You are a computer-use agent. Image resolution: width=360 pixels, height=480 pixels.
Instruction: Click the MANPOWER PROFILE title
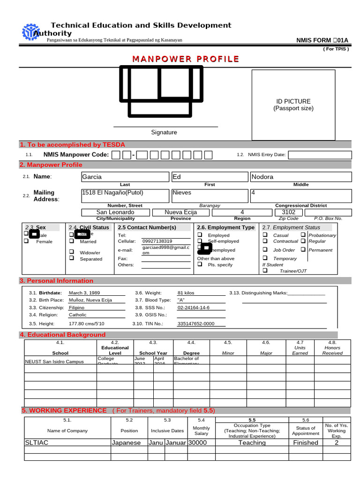coord(185,59)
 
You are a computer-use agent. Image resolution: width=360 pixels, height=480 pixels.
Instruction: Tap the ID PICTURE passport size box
coord(293,105)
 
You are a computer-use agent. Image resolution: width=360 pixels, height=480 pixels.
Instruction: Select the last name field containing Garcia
coord(124,177)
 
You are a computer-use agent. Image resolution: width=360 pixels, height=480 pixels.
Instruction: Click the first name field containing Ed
coord(209,177)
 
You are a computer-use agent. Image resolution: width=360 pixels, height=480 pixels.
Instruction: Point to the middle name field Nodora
coord(300,177)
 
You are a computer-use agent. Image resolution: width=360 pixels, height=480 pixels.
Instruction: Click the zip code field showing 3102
coord(288,212)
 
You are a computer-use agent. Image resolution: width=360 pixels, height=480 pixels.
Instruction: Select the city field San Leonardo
coord(115,212)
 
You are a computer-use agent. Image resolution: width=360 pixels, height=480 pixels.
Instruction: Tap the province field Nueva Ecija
coord(180,212)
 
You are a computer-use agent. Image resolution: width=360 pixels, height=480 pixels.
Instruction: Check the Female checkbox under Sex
coord(27,241)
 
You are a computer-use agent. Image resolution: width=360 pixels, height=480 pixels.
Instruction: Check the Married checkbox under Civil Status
coord(72,241)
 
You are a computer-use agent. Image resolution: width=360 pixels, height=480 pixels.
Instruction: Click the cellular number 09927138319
coord(157,241)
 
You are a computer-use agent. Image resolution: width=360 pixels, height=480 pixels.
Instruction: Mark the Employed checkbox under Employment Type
coord(200,235)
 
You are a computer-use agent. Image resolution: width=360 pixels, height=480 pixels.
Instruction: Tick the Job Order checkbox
coord(265,249)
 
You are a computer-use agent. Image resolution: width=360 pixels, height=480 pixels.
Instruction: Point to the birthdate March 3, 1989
coord(84,292)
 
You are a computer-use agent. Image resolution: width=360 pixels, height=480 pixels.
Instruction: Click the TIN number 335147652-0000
coord(195,323)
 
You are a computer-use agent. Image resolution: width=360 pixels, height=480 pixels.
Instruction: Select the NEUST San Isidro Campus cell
coord(54,361)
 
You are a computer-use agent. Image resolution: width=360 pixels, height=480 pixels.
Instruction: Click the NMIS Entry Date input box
coord(319,155)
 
